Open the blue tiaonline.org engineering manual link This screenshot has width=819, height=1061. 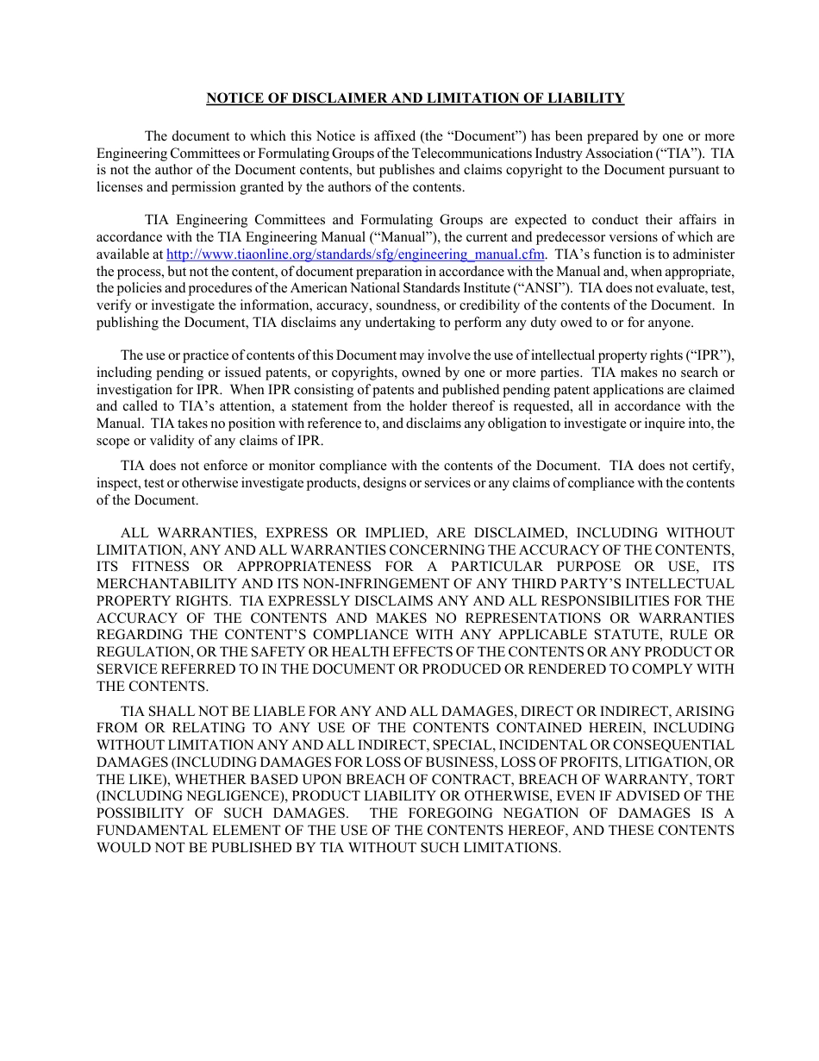pos(355,254)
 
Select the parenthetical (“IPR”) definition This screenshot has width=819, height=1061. pos(709,355)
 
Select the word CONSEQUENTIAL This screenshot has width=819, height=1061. pos(670,745)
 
